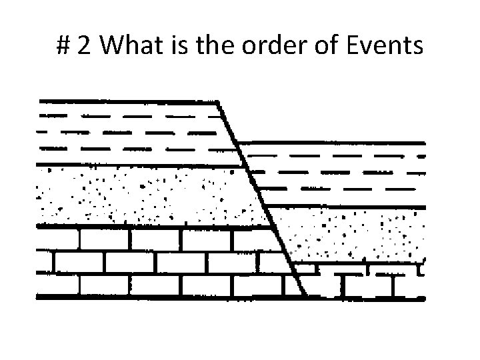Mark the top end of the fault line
click(219, 102)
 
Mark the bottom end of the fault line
click(304, 295)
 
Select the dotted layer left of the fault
click(147, 195)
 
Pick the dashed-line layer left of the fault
click(133, 133)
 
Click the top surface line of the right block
click(333, 142)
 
